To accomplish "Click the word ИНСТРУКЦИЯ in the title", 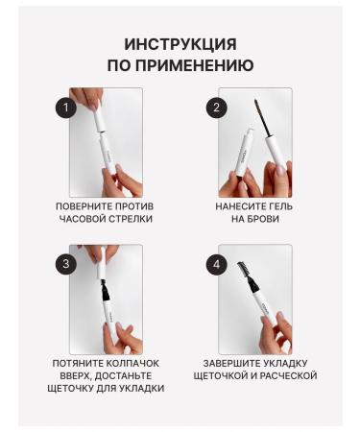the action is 180,44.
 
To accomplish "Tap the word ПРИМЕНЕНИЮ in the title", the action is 195,65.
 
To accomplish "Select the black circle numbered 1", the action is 66,107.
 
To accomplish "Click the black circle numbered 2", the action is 216,107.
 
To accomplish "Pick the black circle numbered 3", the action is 66,264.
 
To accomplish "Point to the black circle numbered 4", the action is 216,264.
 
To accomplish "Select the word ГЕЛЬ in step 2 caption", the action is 279,206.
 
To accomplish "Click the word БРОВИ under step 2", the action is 263,219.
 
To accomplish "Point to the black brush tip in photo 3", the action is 105,290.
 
